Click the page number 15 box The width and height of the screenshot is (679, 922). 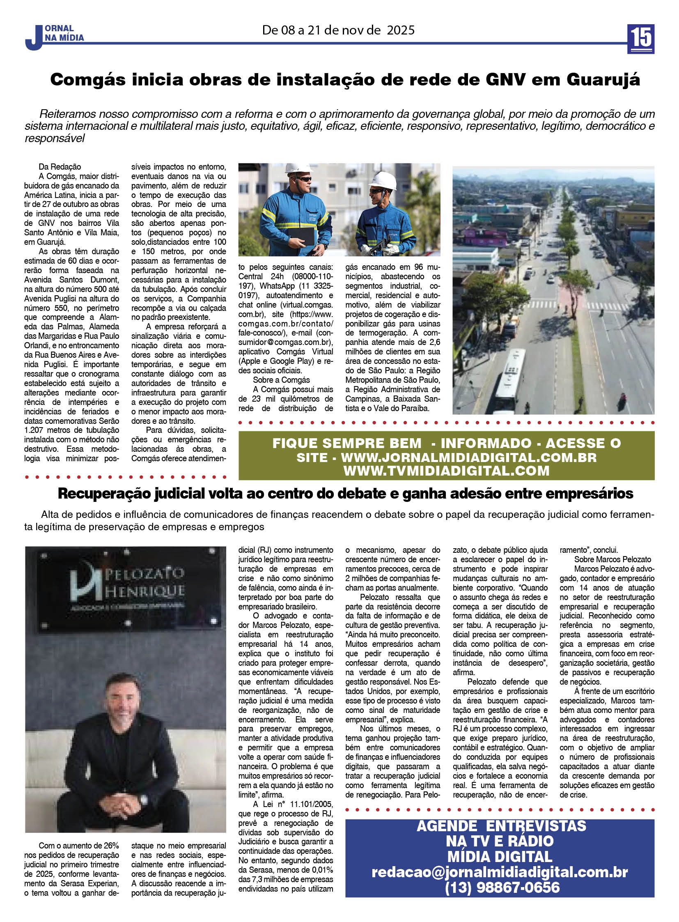(640, 39)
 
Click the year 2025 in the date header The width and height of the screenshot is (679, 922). (400, 30)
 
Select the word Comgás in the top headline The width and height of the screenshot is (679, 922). (87, 79)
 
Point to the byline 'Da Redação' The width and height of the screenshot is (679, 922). (60, 167)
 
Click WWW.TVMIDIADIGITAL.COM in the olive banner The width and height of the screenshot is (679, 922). (446, 471)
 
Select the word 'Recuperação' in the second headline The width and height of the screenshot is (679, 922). (103, 494)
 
